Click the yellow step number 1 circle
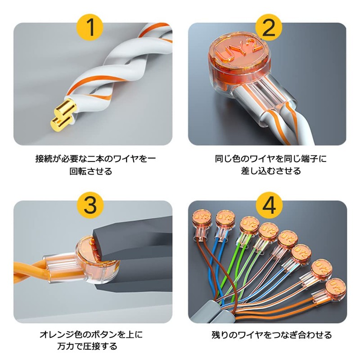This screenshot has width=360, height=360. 90,27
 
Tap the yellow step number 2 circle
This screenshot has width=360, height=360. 269,27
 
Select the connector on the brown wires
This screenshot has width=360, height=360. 202,225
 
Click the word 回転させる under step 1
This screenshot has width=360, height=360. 91,171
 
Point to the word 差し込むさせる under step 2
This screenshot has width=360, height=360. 271,171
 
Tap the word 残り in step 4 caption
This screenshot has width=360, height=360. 220,335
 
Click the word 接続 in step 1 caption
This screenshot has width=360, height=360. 44,159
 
